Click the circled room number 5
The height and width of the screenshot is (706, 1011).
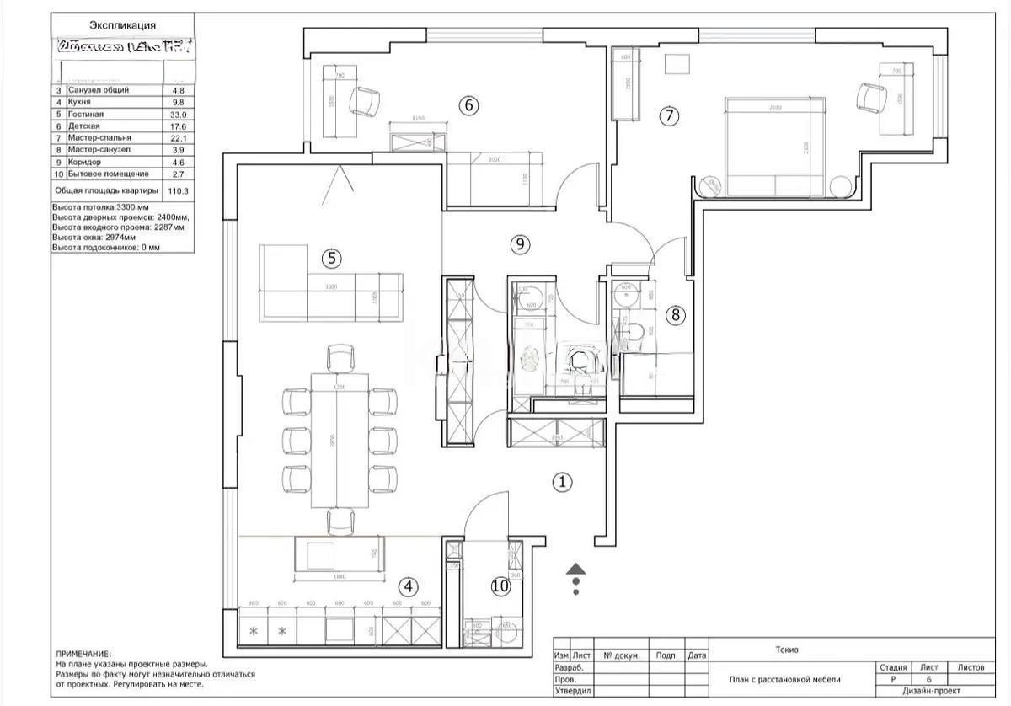tap(334, 259)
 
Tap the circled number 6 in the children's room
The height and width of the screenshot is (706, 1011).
tap(468, 105)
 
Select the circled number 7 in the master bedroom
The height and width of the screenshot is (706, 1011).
tap(668, 116)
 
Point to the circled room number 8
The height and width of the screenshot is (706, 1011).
tap(675, 315)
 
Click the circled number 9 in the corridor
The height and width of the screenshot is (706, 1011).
tap(521, 244)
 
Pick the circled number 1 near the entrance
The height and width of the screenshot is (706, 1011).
tap(562, 482)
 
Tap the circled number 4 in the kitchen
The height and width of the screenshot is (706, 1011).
tap(407, 586)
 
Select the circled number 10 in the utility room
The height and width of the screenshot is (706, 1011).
tap(500, 586)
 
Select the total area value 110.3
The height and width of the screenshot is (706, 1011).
tap(179, 191)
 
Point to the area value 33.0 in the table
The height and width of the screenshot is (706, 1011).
tap(178, 113)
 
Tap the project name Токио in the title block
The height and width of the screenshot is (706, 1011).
tap(787, 650)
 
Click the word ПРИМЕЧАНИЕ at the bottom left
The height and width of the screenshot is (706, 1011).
tap(83, 654)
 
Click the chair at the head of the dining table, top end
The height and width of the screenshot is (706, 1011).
tap(340, 358)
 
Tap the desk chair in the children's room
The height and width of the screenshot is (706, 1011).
tap(365, 102)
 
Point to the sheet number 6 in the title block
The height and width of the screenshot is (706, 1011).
tap(928, 679)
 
